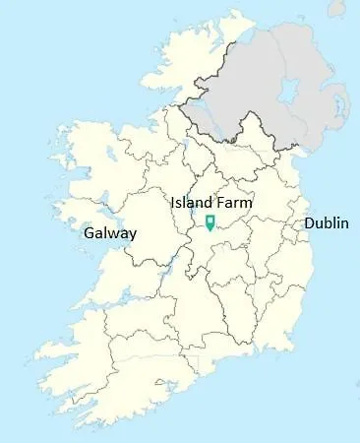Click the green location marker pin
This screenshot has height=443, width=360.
(x=210, y=221)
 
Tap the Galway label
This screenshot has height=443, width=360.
(x=110, y=233)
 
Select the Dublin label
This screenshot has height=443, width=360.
(x=326, y=223)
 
